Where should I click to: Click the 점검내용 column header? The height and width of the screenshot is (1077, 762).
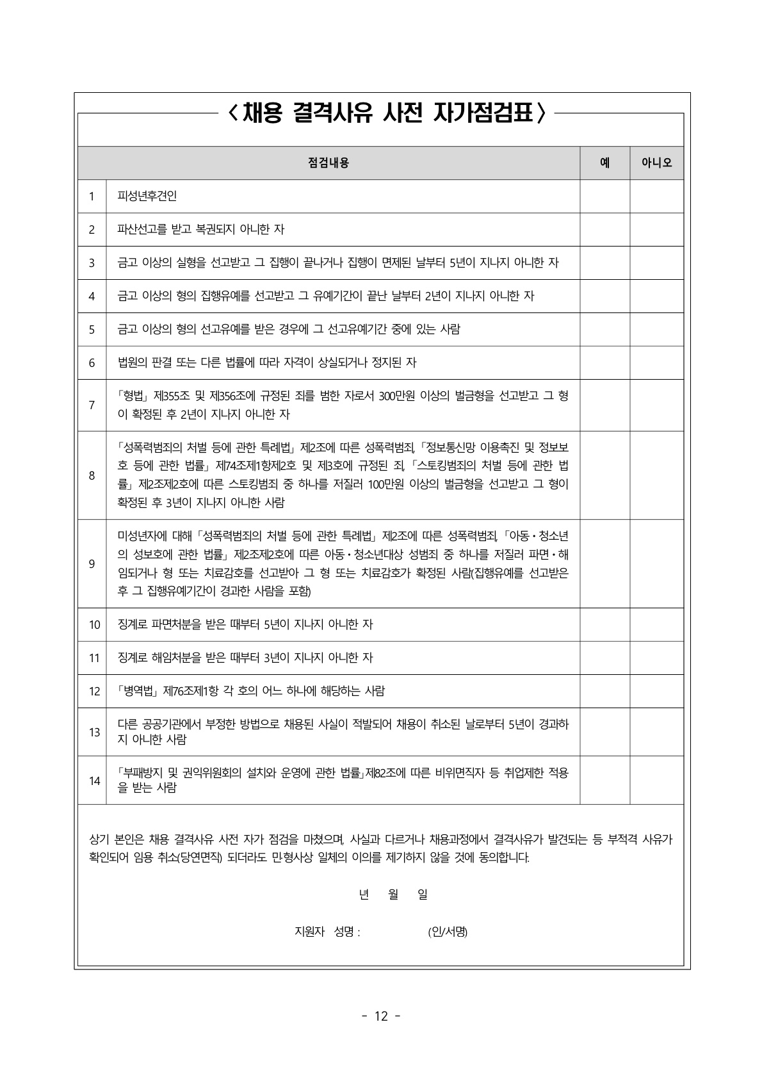(328, 163)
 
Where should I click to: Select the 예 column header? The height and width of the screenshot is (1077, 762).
(604, 163)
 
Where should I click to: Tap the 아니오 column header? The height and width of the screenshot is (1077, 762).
(656, 163)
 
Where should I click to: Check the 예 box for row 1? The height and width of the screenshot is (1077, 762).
(604, 196)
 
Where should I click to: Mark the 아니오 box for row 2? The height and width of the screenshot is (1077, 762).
(656, 229)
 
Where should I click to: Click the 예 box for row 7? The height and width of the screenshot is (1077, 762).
(604, 405)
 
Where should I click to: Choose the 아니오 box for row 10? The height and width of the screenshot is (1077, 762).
(656, 624)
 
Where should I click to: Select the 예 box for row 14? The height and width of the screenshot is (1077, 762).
(604, 780)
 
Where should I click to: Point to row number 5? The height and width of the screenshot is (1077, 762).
(92, 330)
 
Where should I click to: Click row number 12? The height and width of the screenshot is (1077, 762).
(94, 692)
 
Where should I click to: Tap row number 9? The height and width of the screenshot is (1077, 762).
(92, 563)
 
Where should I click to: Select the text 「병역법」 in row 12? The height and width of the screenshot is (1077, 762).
(138, 692)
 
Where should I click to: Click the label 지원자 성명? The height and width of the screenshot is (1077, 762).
(327, 932)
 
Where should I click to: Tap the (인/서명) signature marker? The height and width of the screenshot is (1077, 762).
(448, 932)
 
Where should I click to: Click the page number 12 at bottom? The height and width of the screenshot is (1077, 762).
(381, 1016)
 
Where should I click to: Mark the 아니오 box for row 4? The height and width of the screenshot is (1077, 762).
(656, 296)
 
